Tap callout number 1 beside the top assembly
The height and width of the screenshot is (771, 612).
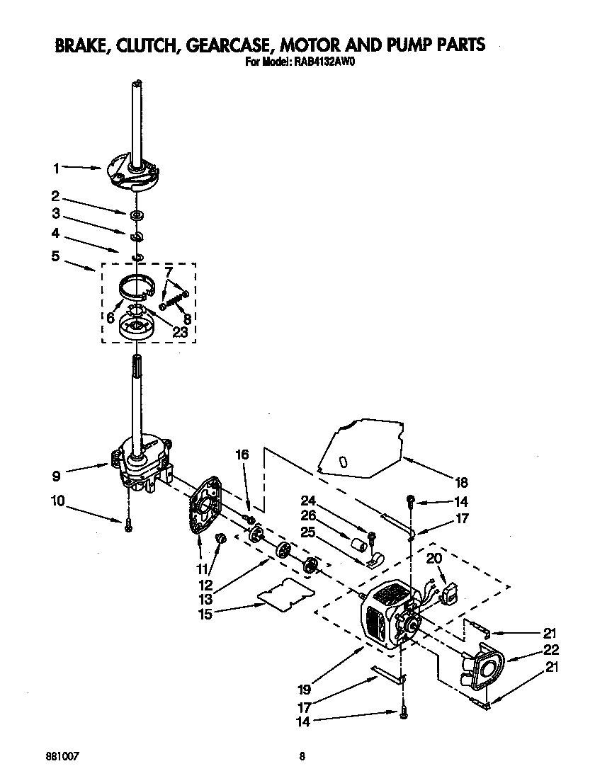(55, 168)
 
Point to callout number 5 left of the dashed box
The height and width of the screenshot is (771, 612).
(55, 256)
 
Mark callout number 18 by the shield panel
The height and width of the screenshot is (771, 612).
(461, 483)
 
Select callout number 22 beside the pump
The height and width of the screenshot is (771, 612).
(552, 649)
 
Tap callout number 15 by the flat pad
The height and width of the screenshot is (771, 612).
(204, 614)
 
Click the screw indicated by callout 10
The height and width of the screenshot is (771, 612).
(128, 525)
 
